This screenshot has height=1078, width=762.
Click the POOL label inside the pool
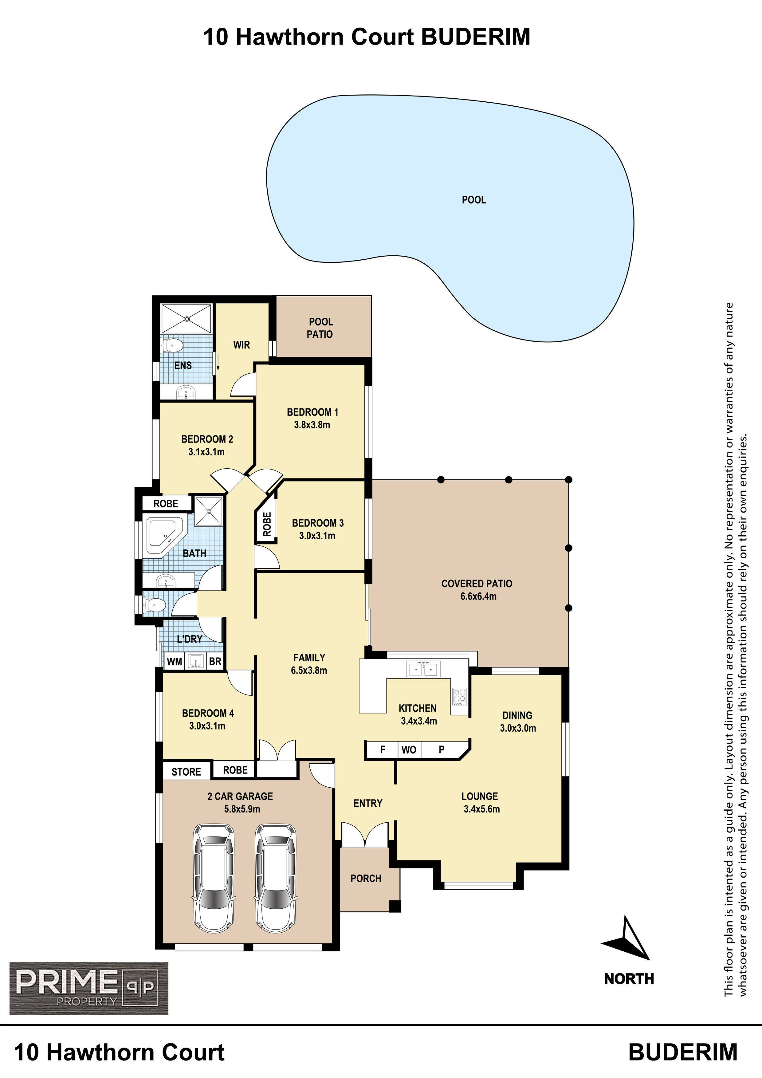point(474,200)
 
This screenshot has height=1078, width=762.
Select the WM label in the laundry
point(174,662)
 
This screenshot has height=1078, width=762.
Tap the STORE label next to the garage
point(186,772)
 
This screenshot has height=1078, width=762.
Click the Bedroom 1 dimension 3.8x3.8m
point(312,425)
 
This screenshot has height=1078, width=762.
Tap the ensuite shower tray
point(187,319)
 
